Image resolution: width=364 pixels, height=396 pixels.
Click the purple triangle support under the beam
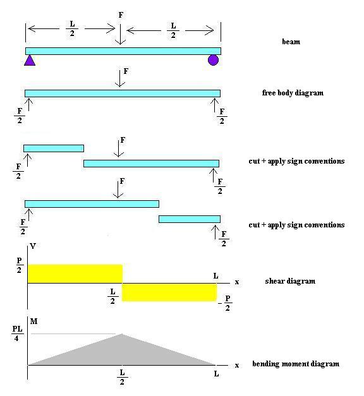click(30, 61)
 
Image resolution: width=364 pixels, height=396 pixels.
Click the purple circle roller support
click(213, 60)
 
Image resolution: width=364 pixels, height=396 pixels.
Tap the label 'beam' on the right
click(291, 42)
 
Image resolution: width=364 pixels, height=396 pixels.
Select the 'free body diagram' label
click(293, 93)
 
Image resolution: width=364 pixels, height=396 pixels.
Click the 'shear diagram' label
click(290, 281)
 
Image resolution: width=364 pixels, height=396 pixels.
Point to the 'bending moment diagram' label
click(296, 364)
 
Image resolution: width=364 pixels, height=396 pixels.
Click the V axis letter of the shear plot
click(33, 246)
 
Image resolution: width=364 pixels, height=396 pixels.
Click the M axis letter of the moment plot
click(33, 321)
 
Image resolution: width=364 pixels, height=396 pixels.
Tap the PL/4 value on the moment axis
click(18, 333)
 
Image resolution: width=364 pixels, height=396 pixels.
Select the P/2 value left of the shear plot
click(19, 265)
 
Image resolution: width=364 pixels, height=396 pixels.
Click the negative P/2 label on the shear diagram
click(225, 303)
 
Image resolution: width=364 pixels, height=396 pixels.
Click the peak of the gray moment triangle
click(122, 334)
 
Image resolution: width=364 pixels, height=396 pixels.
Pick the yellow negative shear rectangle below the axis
click(169, 292)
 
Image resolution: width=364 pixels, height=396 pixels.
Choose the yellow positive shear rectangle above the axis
click(75, 273)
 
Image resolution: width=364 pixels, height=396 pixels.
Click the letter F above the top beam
click(121, 15)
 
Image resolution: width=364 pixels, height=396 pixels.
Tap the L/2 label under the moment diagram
click(122, 377)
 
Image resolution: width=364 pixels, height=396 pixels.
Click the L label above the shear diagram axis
click(215, 276)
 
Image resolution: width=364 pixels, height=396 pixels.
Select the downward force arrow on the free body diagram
click(120, 78)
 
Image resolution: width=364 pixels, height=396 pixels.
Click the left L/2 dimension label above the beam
click(72, 28)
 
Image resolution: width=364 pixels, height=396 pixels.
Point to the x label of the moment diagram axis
click(237, 366)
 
